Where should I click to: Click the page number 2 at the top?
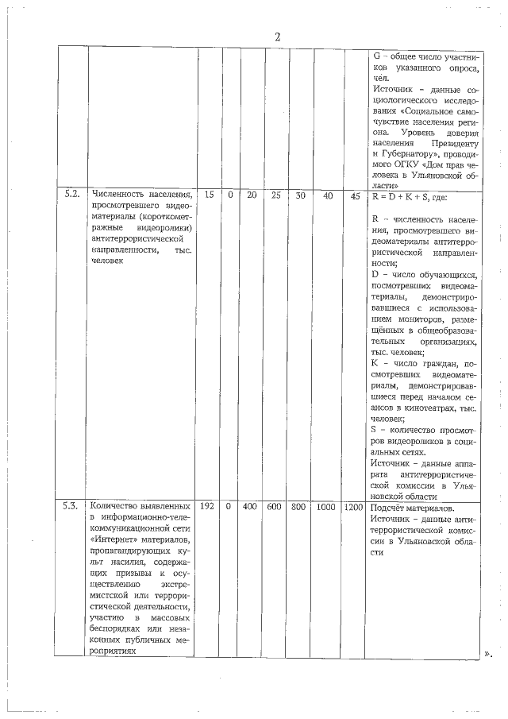277,37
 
